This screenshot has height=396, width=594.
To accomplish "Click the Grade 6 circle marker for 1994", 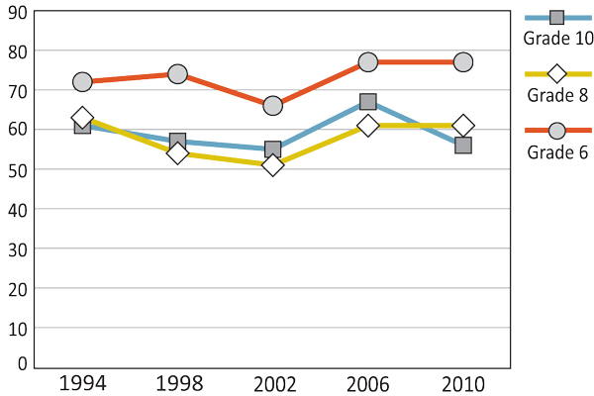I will pyautogui.click(x=82, y=82).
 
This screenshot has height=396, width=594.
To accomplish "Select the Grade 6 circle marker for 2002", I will pyautogui.click(x=272, y=106).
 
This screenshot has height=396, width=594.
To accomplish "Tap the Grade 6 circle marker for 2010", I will pyautogui.click(x=462, y=62).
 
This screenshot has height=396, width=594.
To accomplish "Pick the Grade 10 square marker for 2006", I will pyautogui.click(x=367, y=102).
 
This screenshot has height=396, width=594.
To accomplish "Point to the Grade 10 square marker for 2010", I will pyautogui.click(x=462, y=146).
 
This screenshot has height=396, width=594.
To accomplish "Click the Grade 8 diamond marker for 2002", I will pyautogui.click(x=272, y=165).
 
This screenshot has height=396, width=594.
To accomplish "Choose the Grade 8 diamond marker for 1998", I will pyautogui.click(x=177, y=153).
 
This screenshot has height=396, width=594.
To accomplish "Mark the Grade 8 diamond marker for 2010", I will pyautogui.click(x=462, y=126).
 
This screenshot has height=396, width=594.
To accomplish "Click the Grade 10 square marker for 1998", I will pyautogui.click(x=177, y=142).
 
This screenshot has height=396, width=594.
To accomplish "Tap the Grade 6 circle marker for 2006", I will pyautogui.click(x=367, y=62).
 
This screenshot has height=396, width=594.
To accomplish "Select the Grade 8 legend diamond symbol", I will pyautogui.click(x=556, y=74).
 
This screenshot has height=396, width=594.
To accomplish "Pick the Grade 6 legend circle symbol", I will pyautogui.click(x=556, y=131).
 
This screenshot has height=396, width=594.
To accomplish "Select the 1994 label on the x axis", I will pyautogui.click(x=83, y=382).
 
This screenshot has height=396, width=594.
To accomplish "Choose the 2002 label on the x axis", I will pyautogui.click(x=272, y=382).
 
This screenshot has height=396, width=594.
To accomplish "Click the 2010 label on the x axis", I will pyautogui.click(x=462, y=382).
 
